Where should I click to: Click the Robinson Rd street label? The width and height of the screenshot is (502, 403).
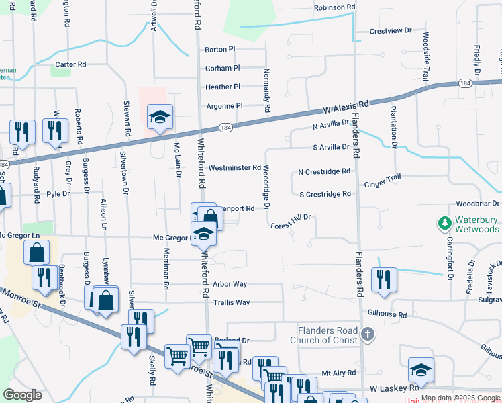coord(334,7)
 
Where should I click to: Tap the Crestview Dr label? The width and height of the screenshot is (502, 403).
coord(391,32)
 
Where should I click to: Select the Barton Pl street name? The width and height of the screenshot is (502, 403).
coord(220,50)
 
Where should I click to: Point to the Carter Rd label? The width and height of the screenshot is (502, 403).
coord(71,65)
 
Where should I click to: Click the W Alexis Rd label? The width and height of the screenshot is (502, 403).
coord(346,106)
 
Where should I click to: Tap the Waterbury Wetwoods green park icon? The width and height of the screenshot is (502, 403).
coord(444,222)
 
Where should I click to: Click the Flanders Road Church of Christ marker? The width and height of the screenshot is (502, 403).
coord(366,334)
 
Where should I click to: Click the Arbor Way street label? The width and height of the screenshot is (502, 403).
coord(230,285)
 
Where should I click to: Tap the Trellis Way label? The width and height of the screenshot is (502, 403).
coord(231,303)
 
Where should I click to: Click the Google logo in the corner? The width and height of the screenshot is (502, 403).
coord(23,395)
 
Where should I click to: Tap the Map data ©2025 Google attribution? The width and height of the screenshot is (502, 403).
coord(460,398)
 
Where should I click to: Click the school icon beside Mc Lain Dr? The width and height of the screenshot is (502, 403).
coord(160,118)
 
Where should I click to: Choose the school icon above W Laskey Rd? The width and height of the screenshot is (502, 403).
coord(421,369)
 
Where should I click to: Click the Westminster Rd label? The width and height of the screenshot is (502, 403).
coord(234,167)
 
